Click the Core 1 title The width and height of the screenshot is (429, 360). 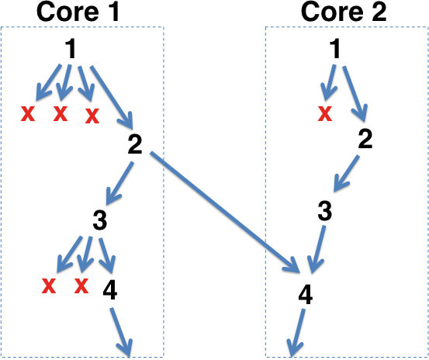[78, 12]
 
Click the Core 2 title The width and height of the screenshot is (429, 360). [344, 12]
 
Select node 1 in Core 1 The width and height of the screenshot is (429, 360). [71, 49]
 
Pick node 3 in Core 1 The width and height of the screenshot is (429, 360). [100, 220]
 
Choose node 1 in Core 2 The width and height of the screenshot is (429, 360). [335, 49]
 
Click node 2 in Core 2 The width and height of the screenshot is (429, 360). [365, 139]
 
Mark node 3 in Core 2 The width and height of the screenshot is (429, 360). [325, 211]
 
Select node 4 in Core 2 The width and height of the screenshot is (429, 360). [306, 295]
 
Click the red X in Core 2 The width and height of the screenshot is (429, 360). [325, 114]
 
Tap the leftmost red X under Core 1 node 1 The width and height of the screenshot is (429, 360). [28, 114]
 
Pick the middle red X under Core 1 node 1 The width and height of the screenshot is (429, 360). [61, 114]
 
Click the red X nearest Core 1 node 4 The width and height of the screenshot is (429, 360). [81, 286]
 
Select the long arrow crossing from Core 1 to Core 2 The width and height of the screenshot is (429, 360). [225, 212]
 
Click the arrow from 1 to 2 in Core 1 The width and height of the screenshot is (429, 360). [112, 98]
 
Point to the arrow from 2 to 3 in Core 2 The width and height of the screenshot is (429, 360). [346, 174]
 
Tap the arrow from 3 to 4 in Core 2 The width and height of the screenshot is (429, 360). [317, 249]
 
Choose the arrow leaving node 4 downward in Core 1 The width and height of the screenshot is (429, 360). [122, 332]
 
